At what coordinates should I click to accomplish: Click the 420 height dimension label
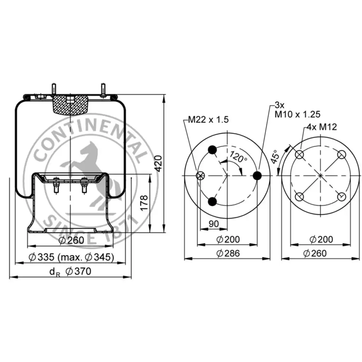pyautogui.click(x=158, y=163)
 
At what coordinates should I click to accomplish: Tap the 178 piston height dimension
pyautogui.click(x=144, y=203)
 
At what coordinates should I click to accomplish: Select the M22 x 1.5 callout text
pyautogui.click(x=208, y=119)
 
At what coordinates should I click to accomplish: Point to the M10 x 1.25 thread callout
pyautogui.click(x=297, y=114)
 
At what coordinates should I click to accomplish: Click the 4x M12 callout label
pyautogui.click(x=322, y=127)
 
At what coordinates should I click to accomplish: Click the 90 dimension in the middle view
pyautogui.click(x=214, y=224)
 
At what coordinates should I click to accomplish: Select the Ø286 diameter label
pyautogui.click(x=228, y=253)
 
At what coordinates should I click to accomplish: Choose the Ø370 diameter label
pyautogui.click(x=78, y=271)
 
